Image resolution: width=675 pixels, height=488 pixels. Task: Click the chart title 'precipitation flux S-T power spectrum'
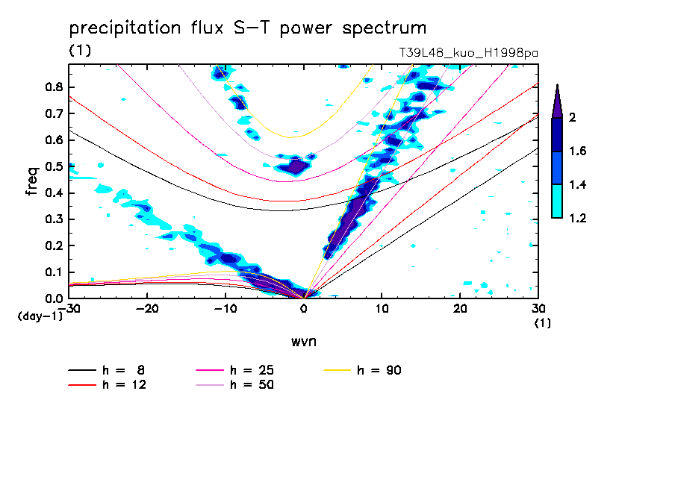pos(247,28)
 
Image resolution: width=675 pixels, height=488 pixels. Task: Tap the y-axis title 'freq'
pos(31,181)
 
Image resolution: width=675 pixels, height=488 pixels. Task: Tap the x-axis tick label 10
pos(382,308)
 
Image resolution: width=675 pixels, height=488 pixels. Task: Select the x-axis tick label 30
pos(538,308)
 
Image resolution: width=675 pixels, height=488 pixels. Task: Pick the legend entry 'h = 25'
pos(253,370)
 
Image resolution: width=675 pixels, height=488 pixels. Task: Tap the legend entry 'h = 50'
pos(253,385)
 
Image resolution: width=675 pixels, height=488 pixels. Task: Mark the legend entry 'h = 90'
pos(381,370)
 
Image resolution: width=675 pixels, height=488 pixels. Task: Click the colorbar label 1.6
pos(579,151)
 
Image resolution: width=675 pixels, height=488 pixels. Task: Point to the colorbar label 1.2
pos(579,218)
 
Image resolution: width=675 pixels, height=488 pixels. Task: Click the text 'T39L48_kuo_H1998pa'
pos(469,53)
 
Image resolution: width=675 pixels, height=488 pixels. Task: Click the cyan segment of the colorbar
pos(557,201)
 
